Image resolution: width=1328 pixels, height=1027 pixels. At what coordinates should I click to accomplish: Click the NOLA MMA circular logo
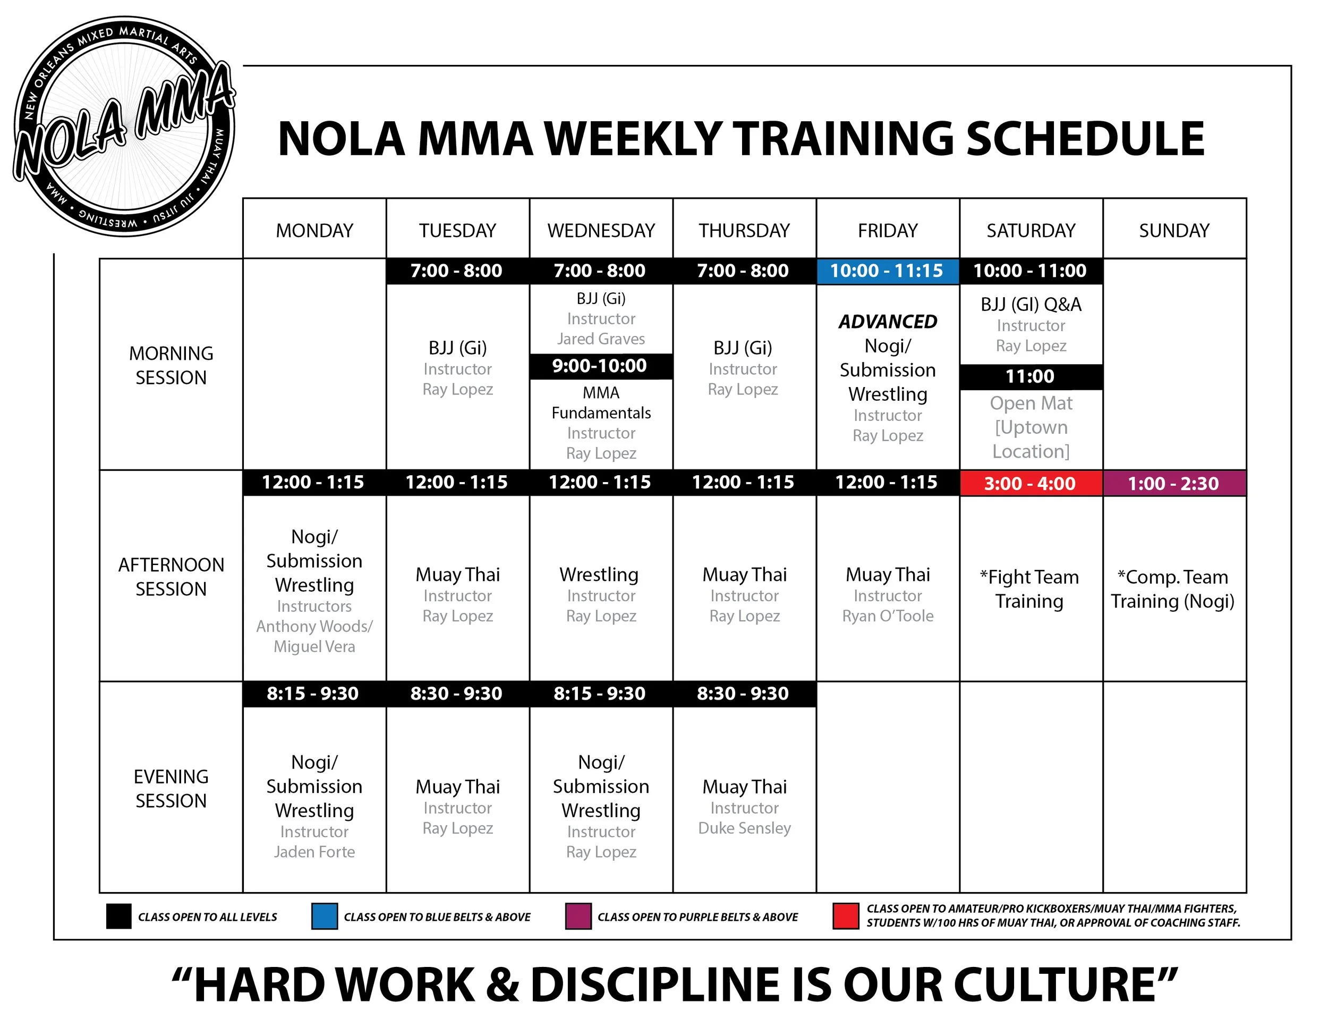pos(125,126)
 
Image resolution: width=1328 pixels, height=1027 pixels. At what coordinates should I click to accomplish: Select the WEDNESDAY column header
pos(601,231)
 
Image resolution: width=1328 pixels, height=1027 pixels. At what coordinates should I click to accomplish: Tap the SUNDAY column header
pos(1173,231)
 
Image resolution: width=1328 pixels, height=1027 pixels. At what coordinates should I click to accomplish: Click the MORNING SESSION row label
pos(171,365)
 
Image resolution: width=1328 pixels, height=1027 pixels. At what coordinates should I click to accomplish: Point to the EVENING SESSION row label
pos(171,788)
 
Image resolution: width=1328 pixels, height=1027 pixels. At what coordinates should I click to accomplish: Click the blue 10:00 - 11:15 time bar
pos(887,271)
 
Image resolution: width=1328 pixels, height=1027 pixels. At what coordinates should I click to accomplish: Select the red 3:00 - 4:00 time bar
pos(1030,484)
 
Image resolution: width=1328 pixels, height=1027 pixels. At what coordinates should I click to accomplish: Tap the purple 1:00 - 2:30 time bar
pos(1173,484)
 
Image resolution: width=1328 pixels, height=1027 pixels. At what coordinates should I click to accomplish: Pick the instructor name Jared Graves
pos(601,339)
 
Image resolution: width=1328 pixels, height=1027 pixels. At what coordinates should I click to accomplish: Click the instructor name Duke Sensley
pos(744,828)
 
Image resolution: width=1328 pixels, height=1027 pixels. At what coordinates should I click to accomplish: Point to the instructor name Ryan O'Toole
pos(887,616)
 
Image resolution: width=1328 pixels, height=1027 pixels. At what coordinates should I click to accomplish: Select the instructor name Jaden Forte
pos(314,852)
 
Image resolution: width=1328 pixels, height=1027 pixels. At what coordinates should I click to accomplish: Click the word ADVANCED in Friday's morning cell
pos(888,321)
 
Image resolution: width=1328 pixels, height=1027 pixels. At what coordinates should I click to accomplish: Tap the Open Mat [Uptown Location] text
pos(1031,427)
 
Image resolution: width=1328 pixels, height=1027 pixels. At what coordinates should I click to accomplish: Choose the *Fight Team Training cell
pos(1029,588)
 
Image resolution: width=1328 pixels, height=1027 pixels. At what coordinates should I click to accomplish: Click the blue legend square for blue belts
pos(324,916)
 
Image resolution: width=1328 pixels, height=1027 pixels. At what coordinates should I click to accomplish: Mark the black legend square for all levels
pos(118,916)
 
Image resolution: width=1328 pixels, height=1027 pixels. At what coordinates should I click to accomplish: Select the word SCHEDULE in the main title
pos(1085,139)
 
